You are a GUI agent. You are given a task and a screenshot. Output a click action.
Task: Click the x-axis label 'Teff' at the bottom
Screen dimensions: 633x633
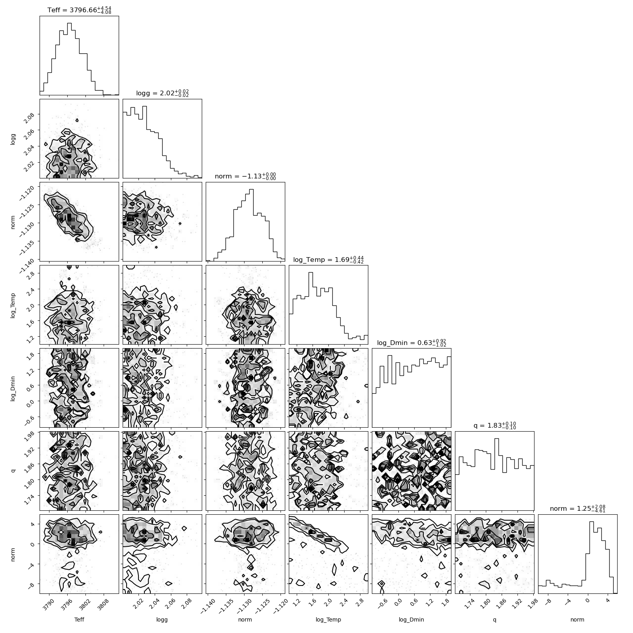click(x=79, y=620)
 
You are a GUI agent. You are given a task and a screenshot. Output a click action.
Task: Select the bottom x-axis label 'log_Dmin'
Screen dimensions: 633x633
click(x=411, y=620)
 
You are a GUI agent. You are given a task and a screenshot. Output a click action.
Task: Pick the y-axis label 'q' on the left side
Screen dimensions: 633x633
click(x=13, y=471)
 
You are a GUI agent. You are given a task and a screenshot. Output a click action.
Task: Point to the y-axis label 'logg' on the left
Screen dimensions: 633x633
click(x=13, y=138)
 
